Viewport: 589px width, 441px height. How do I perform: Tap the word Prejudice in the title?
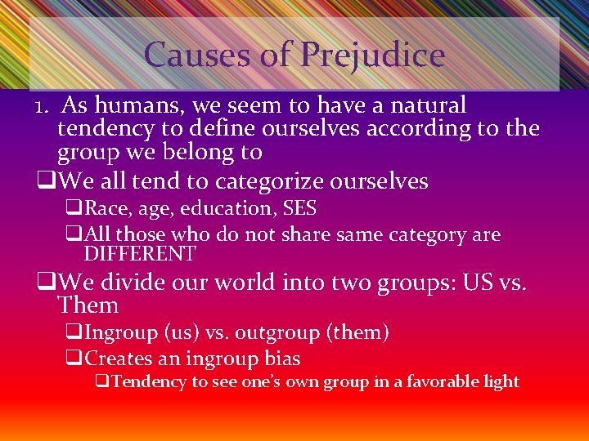click(x=372, y=55)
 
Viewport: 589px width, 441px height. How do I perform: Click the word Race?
click(x=104, y=208)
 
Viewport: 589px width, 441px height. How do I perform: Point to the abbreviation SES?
click(x=299, y=208)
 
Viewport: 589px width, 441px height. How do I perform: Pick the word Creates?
click(x=115, y=359)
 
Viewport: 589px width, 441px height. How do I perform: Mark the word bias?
click(x=281, y=359)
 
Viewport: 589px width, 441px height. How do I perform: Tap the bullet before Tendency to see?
click(x=102, y=381)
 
